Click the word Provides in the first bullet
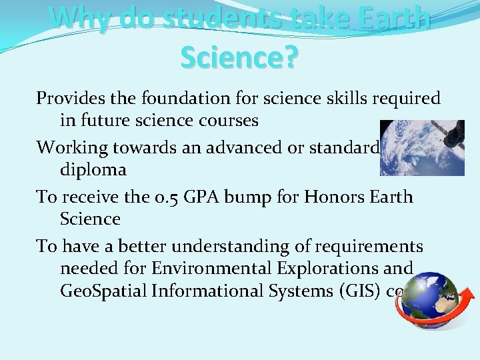(67, 98)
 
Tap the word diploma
(93, 170)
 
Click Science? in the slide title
(239, 57)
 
